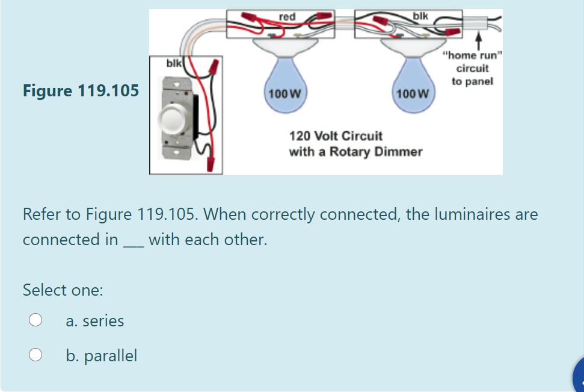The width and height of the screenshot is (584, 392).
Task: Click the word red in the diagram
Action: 287,17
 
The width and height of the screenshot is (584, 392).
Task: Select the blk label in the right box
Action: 421,16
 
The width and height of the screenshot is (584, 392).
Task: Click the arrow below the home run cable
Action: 479,43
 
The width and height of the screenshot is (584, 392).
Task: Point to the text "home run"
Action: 472,56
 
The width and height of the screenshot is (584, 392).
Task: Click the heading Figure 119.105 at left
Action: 81,91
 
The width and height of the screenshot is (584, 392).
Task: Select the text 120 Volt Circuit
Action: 336,135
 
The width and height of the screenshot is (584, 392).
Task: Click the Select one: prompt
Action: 63,290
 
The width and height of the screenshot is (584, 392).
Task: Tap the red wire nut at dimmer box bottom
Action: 211,163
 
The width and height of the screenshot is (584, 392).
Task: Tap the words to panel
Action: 472,81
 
